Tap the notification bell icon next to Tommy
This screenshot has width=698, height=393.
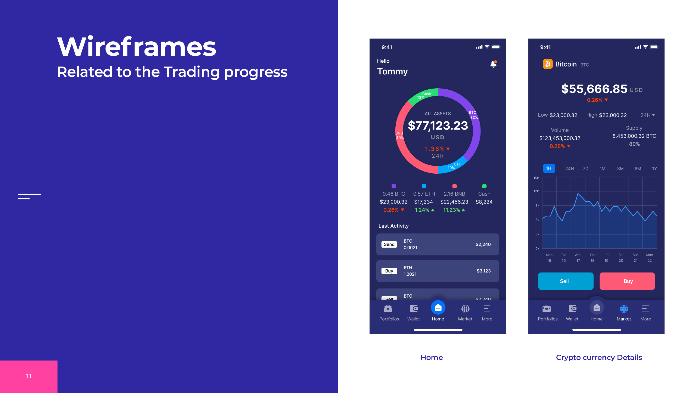tap(493, 64)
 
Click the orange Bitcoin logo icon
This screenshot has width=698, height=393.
tap(548, 64)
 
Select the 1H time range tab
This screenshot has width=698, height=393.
tap(549, 168)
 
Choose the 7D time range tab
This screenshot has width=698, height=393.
tap(585, 169)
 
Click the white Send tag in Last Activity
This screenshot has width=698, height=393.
tap(389, 244)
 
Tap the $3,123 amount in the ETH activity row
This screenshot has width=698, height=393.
tap(484, 271)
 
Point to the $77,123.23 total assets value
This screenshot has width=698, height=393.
tap(438, 125)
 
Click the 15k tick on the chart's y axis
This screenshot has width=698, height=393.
tap(536, 178)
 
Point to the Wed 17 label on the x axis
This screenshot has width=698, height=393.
tap(578, 258)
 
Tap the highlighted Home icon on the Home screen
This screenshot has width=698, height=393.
tap(438, 308)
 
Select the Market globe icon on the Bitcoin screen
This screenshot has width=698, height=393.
tap(624, 309)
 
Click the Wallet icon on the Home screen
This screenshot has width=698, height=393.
tap(414, 309)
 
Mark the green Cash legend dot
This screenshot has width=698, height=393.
tap(484, 186)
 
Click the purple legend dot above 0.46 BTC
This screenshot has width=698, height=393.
tap(394, 186)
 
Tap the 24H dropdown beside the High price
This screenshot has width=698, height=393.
tap(647, 115)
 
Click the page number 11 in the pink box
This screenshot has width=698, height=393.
tap(29, 376)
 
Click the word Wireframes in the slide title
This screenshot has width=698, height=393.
tap(137, 47)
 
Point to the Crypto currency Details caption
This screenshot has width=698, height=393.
tap(599, 357)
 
